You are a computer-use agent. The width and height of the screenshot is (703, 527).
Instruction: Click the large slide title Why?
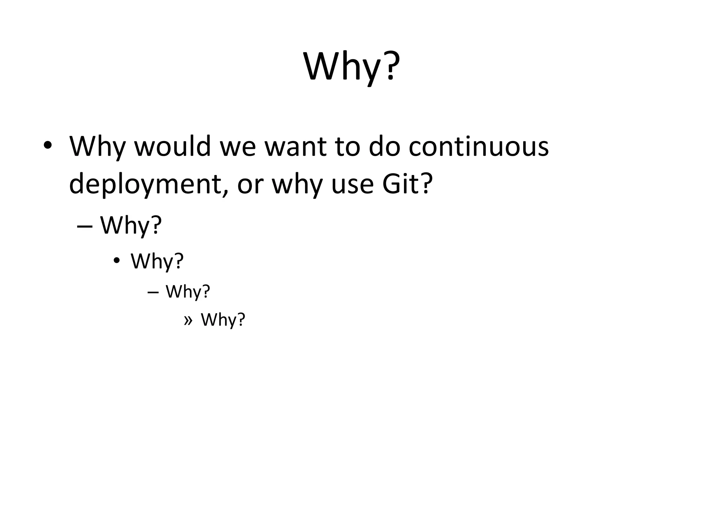coord(351,67)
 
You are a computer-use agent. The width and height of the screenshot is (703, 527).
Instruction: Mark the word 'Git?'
coord(406,184)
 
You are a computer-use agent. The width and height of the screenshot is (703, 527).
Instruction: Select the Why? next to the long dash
coord(131,226)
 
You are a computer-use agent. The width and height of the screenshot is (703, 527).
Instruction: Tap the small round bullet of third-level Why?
coord(117,261)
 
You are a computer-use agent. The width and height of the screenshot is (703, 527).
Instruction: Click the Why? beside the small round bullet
coord(157,261)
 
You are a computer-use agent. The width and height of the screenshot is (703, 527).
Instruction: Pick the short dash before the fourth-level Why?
coord(153,292)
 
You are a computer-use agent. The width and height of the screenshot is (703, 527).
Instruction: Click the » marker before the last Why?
coord(188,320)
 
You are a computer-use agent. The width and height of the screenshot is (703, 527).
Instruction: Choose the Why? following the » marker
coord(223,320)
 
